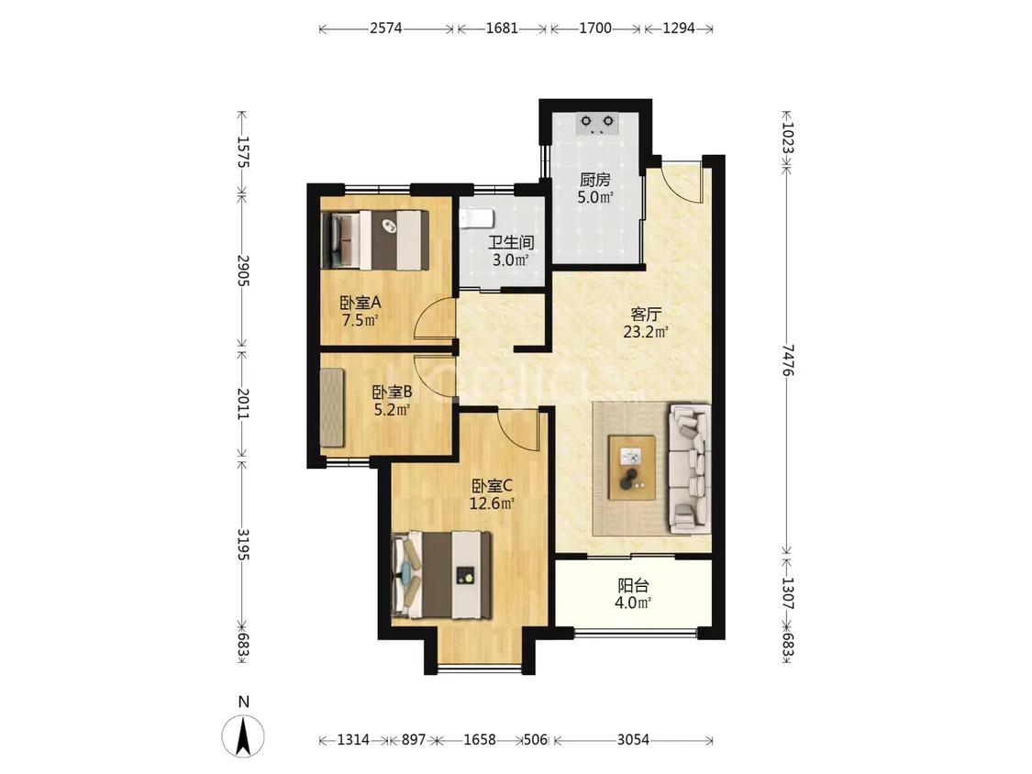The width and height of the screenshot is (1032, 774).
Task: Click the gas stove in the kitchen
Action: pyautogui.click(x=597, y=123)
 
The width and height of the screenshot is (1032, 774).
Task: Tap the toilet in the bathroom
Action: pyautogui.click(x=474, y=219)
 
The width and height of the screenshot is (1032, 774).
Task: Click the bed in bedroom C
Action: pyautogui.click(x=441, y=575)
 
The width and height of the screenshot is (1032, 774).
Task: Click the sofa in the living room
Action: pyautogui.click(x=690, y=469)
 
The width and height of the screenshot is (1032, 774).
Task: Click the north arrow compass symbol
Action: pyautogui.click(x=243, y=734)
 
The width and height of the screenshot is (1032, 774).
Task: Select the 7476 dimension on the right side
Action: pyautogui.click(x=786, y=359)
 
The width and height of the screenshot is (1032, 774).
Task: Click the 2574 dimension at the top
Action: pyautogui.click(x=385, y=28)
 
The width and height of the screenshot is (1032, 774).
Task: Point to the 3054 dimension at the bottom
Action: pyautogui.click(x=633, y=740)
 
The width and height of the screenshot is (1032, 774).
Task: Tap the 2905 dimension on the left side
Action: pyautogui.click(x=242, y=270)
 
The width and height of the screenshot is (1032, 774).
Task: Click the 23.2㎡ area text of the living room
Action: pyautogui.click(x=646, y=332)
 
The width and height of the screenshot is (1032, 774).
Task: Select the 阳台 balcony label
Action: pyautogui.click(x=634, y=585)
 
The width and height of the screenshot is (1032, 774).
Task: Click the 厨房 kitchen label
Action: pyautogui.click(x=595, y=180)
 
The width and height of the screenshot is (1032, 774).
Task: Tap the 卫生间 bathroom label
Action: pyautogui.click(x=511, y=242)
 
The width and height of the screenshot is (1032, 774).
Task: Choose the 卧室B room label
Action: pyautogui.click(x=393, y=393)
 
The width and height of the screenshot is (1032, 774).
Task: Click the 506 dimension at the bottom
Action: pyautogui.click(x=535, y=740)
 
